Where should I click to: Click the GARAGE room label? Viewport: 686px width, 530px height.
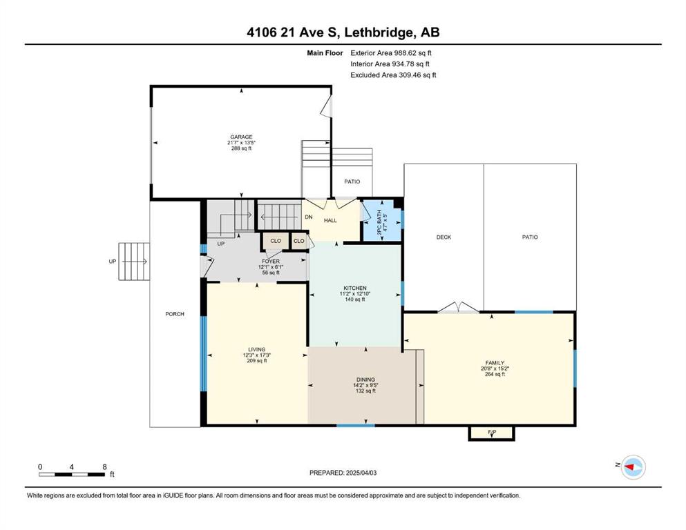click(241, 137)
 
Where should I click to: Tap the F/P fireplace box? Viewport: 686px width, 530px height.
click(492, 433)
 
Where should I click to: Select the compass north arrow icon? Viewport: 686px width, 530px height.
click(633, 467)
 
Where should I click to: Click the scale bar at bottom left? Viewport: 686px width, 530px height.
click(72, 474)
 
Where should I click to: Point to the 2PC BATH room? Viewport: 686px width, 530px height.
click(381, 220)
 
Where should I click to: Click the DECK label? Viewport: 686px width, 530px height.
click(444, 237)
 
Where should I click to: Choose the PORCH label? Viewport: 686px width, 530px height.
click(175, 314)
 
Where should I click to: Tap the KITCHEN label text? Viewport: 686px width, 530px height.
click(355, 288)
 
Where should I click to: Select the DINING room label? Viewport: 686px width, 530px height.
click(365, 380)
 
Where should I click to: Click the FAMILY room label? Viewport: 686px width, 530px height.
click(495, 363)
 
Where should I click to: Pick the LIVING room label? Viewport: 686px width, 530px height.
click(257, 350)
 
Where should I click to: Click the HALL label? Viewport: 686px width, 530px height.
click(330, 221)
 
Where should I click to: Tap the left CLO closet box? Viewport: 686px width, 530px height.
click(276, 241)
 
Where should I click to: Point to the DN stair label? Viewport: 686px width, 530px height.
click(308, 217)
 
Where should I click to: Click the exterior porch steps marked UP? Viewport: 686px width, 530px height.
click(134, 262)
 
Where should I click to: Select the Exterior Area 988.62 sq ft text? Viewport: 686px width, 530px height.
click(391, 53)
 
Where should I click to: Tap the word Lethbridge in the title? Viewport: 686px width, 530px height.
click(379, 32)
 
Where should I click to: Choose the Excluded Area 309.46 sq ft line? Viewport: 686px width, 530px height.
click(393, 75)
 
